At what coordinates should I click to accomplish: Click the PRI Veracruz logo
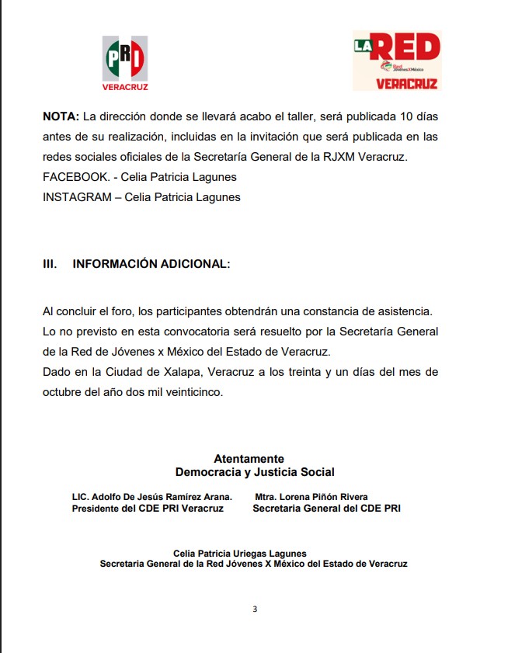pyautogui.click(x=125, y=63)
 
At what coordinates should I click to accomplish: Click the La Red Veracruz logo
pyautogui.click(x=396, y=61)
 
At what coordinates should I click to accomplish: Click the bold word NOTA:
pyautogui.click(x=61, y=116)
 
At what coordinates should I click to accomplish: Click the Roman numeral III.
pyautogui.click(x=50, y=264)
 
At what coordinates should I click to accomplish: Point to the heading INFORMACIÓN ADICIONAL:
pyautogui.click(x=151, y=264)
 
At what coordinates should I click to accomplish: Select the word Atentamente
pyautogui.click(x=249, y=459)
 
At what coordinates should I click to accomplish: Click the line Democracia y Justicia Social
pyautogui.click(x=255, y=472)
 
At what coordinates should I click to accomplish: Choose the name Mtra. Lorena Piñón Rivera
pyautogui.click(x=311, y=497)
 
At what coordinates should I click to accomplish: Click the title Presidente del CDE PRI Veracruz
pyautogui.click(x=148, y=509)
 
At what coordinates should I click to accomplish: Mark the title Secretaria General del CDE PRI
pyautogui.click(x=327, y=509)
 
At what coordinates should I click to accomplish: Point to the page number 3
pyautogui.click(x=254, y=609)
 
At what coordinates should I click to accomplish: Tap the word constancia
pyautogui.click(x=346, y=311)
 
